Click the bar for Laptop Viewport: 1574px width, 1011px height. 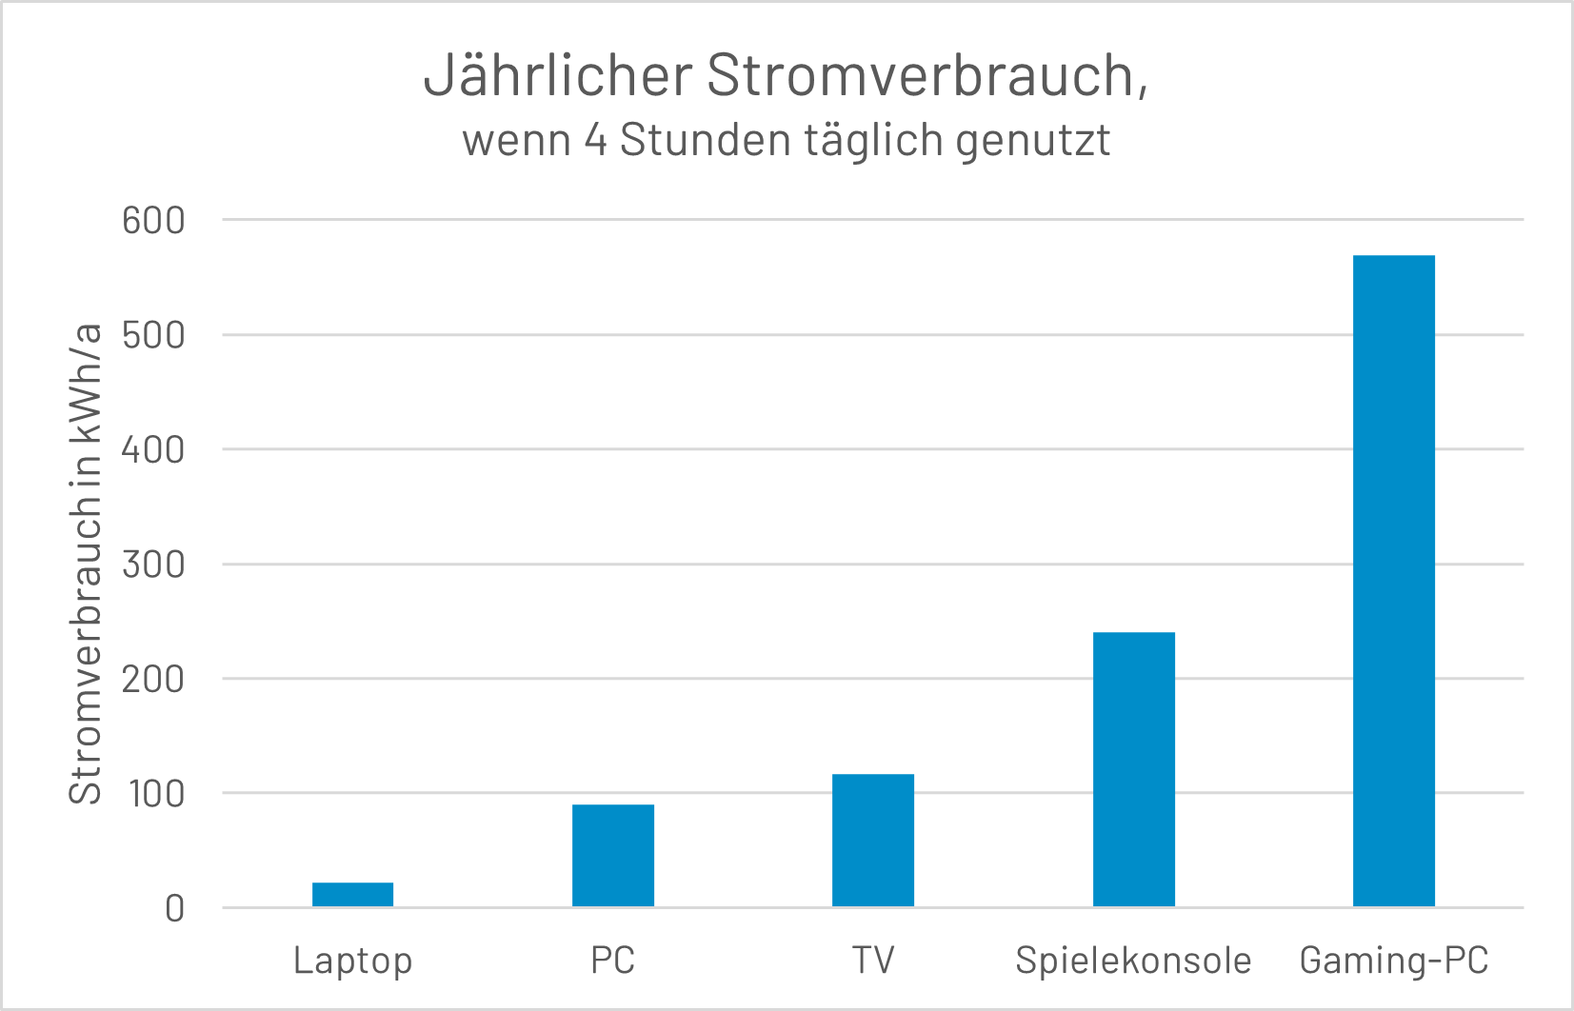pos(352,894)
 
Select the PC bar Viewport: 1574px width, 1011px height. pos(612,855)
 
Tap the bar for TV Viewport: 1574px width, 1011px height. pos(872,840)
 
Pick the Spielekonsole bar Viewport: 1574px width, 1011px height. pos(1133,768)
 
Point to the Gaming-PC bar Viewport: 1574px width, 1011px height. pos(1393,581)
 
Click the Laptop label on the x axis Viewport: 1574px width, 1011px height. pos(352,960)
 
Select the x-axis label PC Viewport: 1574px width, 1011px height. pos(612,960)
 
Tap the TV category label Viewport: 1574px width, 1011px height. pos(872,960)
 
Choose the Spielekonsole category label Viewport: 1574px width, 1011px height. pos(1133,960)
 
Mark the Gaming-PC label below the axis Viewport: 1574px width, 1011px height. pos(1393,960)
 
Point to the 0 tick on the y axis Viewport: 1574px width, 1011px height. pos(174,908)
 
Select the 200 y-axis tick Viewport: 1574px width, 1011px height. pos(153,679)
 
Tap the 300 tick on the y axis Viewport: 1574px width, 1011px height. pos(153,565)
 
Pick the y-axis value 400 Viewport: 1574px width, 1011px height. pos(153,449)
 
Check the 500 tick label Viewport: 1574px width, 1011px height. pos(153,335)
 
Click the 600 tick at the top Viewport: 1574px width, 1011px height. pos(153,221)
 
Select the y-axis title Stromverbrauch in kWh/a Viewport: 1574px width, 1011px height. pos(86,564)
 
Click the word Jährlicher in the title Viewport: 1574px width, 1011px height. pos(557,75)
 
